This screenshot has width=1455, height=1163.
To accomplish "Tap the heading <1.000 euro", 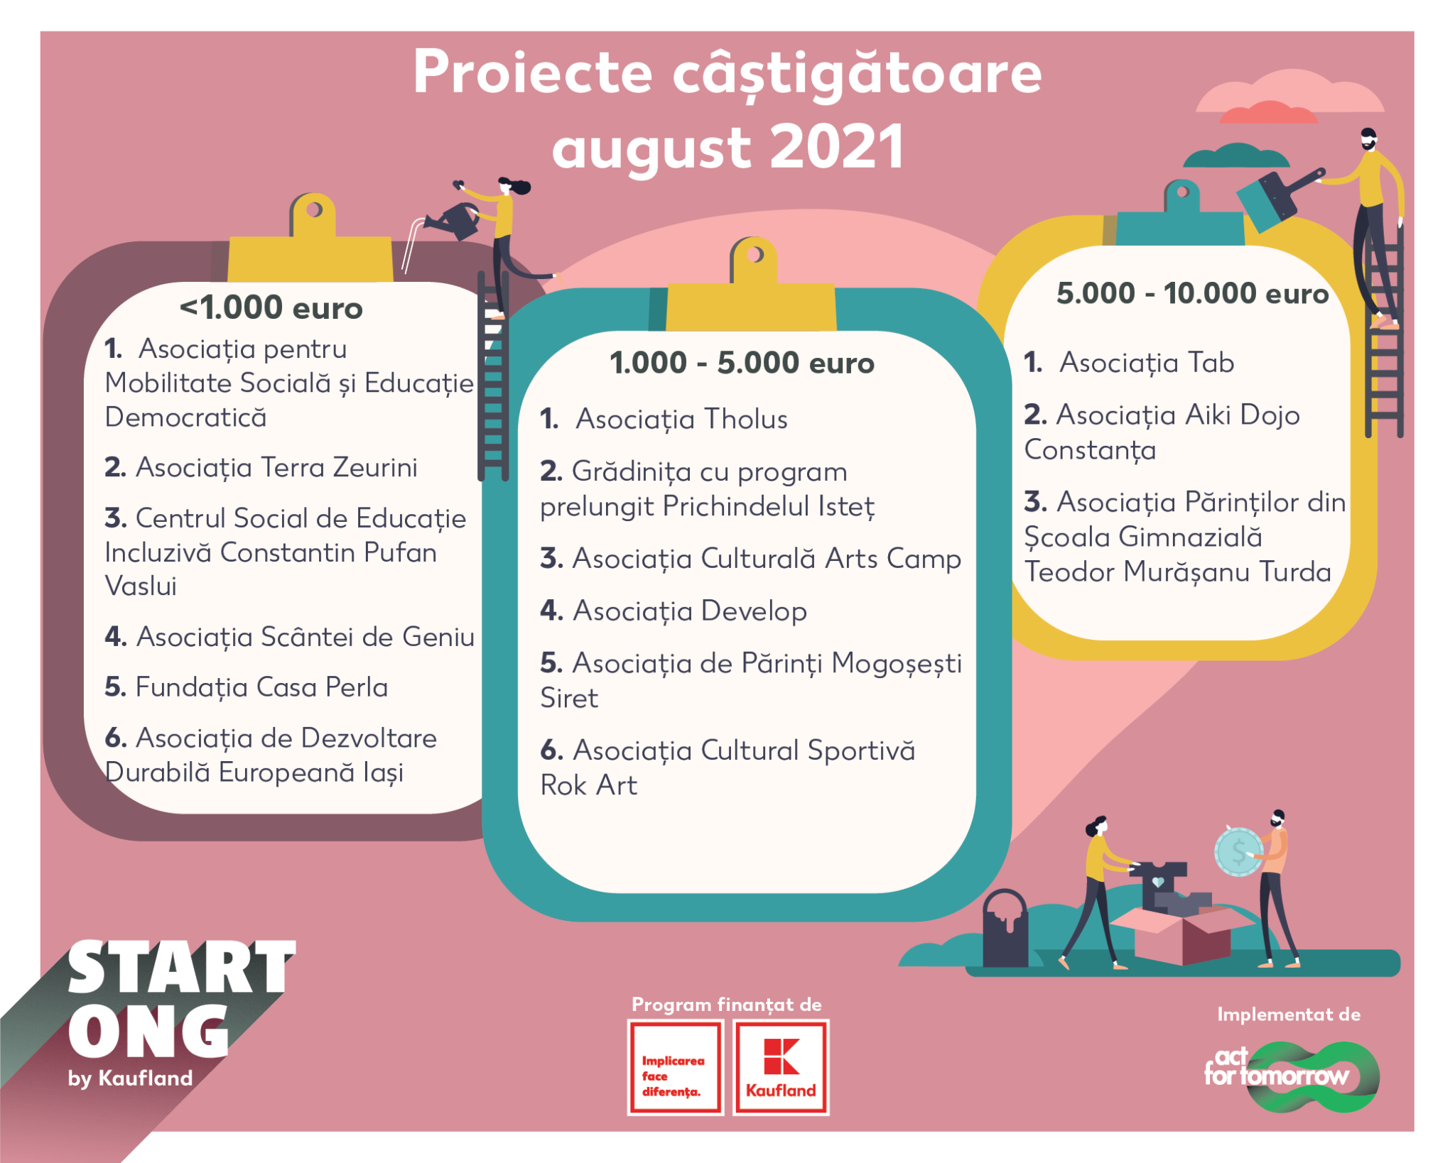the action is [x=271, y=308].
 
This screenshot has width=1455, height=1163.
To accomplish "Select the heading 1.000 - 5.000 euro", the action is [x=742, y=363].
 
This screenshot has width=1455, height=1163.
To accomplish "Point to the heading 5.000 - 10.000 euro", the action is [x=1192, y=293].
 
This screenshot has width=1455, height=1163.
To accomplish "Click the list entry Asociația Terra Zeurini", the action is [x=261, y=468].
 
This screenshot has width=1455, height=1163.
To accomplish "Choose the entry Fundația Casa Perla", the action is [x=246, y=687].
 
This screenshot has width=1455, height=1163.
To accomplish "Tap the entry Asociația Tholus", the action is [x=664, y=420].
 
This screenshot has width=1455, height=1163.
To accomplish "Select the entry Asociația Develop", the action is [x=674, y=611].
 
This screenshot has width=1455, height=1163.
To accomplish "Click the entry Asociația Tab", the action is [x=1129, y=363].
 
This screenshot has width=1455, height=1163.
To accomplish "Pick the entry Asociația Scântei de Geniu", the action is [x=289, y=637].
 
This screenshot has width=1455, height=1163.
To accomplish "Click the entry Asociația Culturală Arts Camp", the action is [x=750, y=559].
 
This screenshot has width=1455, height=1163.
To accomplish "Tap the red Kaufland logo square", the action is [x=781, y=1067].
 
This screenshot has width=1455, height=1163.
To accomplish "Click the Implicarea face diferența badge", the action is [x=675, y=1067].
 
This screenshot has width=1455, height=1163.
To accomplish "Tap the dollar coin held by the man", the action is [x=1238, y=851].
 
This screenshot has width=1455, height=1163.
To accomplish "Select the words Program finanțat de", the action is [x=727, y=1005].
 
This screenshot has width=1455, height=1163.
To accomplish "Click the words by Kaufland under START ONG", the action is [x=131, y=1078].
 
